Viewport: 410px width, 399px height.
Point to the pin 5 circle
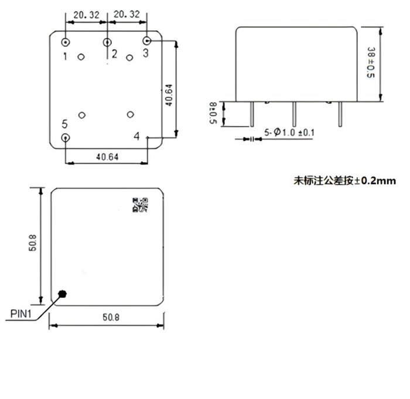coord(66,138)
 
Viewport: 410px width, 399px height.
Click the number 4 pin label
coord(136,137)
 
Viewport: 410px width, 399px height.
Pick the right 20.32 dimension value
coord(127,14)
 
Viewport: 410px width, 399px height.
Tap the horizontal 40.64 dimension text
coord(107,156)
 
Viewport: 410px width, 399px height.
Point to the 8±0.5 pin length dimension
coord(213,112)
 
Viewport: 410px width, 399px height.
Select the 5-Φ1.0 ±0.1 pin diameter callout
coord(290,133)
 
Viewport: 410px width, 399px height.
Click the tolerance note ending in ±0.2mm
coord(344,181)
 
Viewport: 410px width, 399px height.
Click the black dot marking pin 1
coord(62,293)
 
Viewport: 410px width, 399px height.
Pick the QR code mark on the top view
coord(141,204)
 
